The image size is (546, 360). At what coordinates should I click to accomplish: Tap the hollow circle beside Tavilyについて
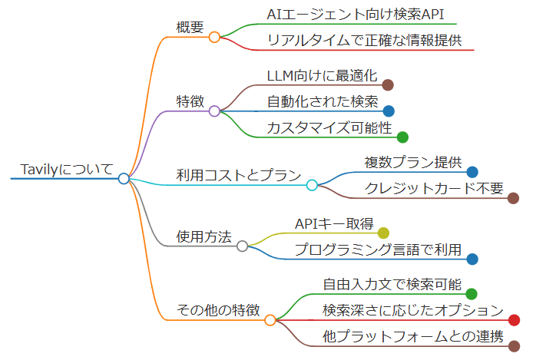point(124,179)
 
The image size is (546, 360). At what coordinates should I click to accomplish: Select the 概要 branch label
point(190,27)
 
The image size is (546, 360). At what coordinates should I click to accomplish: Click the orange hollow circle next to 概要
point(215,36)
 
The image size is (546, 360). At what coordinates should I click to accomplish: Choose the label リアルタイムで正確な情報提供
point(364,40)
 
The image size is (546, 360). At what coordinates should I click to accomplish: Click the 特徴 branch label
point(190,101)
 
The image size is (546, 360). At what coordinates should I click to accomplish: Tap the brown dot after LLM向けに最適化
point(388,85)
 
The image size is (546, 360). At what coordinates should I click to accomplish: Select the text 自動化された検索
point(323,101)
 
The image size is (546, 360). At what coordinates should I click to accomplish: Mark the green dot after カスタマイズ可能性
point(402,137)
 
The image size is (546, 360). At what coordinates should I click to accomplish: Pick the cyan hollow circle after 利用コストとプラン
point(312,185)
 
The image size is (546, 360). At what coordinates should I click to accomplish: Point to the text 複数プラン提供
point(412,163)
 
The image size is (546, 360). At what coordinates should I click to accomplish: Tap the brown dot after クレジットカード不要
point(513,198)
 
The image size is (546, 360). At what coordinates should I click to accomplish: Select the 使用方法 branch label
point(204,237)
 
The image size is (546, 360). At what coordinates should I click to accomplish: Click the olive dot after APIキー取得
point(383,233)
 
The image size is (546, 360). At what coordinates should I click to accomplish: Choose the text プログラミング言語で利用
point(378,249)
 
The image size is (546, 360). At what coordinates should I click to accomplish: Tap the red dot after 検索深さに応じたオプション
point(514,320)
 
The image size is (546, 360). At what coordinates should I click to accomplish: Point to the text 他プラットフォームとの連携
point(412,336)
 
